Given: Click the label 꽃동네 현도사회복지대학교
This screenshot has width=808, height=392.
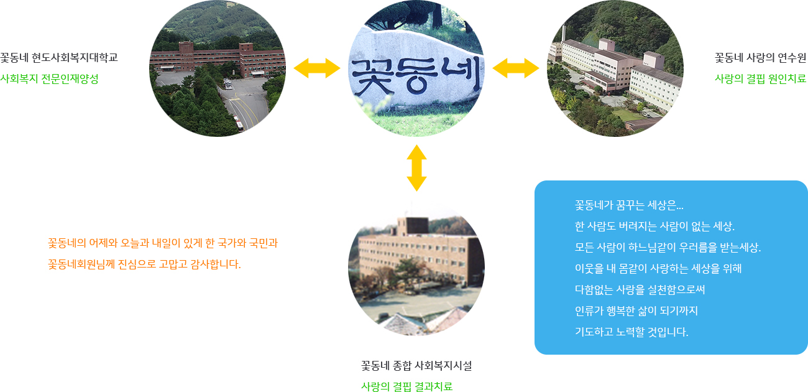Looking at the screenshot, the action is point(59,57).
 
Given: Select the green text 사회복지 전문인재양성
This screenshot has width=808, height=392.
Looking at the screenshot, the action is point(49,78).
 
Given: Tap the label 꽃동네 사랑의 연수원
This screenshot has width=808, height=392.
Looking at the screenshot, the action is point(760,57).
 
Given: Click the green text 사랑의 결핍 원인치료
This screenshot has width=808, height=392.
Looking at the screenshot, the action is point(760,78).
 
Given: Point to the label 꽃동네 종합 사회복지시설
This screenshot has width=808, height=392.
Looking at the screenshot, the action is point(416,366).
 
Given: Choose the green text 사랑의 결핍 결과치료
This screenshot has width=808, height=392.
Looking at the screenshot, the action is point(407,386).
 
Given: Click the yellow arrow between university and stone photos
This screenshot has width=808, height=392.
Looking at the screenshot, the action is point(317,68).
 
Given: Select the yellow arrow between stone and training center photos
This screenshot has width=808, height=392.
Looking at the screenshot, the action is point(516,68).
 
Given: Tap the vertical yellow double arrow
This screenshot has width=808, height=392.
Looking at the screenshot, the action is point(416,168).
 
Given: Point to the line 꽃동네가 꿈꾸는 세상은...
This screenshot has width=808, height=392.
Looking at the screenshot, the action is point(629,205).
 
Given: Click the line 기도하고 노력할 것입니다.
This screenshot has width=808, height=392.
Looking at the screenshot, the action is point(631,332).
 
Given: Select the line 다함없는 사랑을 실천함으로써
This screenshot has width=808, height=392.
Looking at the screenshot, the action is point(640,289).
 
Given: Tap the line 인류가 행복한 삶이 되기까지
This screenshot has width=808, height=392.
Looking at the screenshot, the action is point(636,310).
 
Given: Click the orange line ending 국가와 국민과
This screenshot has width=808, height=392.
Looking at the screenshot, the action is point(163,243).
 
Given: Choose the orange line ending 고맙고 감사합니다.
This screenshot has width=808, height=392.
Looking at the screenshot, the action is point(144,264).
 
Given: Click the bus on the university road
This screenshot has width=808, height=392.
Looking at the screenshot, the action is point(239,123).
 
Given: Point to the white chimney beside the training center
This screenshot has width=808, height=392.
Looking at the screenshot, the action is point(564,33).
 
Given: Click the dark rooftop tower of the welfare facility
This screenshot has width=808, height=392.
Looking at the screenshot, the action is point(417,226).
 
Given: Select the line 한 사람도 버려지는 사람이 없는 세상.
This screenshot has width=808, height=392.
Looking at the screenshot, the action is point(654,226).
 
